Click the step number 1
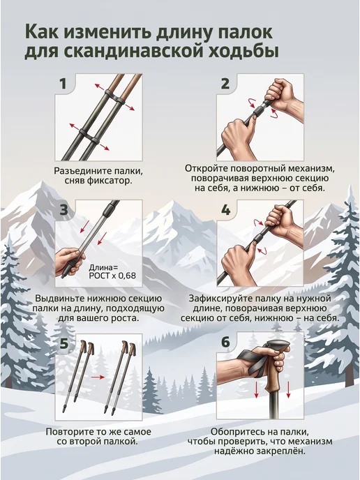point(63,84)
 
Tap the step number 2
point(225,84)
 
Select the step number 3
point(63,210)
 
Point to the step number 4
point(225,210)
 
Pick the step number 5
point(63,343)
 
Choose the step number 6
point(225,342)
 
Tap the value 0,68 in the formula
point(126,275)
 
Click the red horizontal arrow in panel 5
point(98,377)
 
